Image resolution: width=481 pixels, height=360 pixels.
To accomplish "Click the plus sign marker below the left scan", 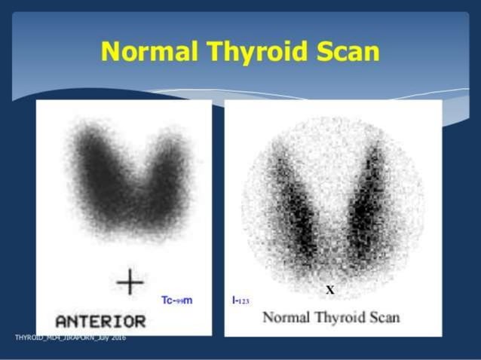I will (130, 282).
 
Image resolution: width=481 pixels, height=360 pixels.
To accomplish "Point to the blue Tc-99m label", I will (177, 300).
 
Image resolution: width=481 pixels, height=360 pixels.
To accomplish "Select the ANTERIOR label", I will (101, 321).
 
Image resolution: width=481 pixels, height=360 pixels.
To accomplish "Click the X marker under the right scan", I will (329, 289).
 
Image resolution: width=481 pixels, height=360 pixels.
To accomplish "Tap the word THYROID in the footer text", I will (29, 337).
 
